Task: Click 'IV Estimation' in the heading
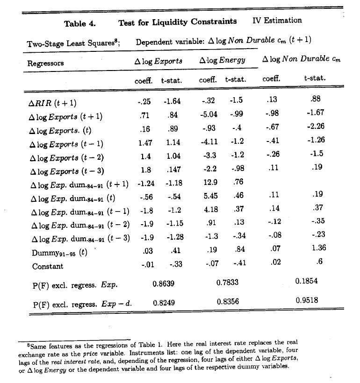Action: pos(277,21)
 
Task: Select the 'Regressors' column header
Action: pos(45,63)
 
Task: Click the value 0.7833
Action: pos(228,282)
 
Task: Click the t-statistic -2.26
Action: pos(315,126)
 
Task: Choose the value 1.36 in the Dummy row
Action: pos(318,248)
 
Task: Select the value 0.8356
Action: pos(228,302)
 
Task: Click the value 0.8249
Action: pos(163,303)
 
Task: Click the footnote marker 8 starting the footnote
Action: pos(29,345)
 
